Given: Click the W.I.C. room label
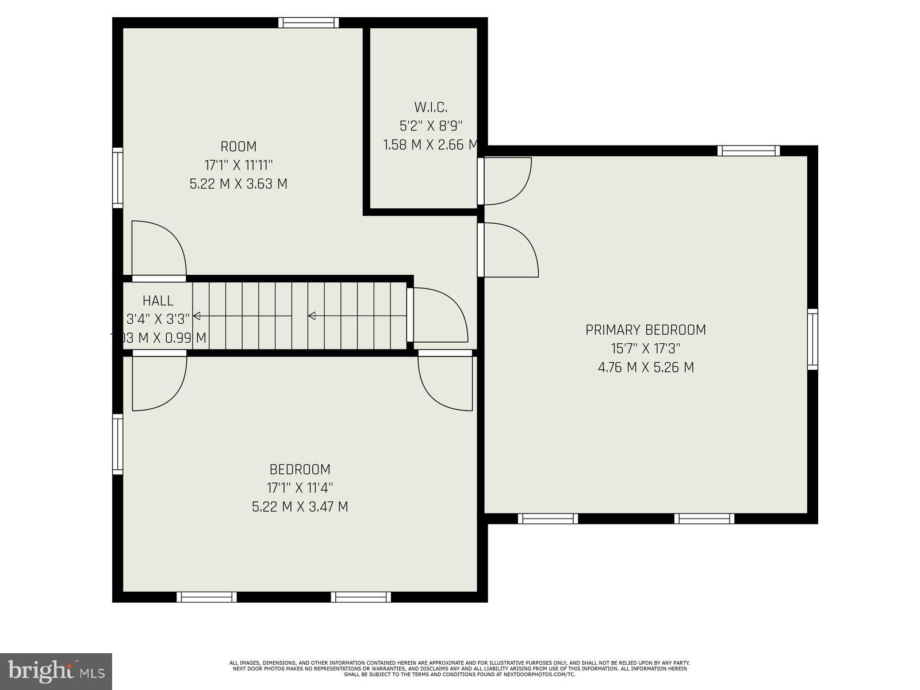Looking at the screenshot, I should click(431, 107).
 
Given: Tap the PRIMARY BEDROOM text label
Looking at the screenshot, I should click(645, 330).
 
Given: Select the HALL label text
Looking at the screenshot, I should click(158, 300).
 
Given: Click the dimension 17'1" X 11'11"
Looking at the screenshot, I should click(239, 165).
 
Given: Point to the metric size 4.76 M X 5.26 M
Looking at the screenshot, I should click(645, 367).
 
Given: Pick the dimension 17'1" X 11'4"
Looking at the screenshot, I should click(300, 488).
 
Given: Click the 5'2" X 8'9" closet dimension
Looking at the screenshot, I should click(431, 126).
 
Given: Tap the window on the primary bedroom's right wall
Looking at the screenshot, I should click(812, 339).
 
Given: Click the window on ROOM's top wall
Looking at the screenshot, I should click(309, 23).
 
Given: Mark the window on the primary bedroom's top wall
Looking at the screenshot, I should click(748, 151).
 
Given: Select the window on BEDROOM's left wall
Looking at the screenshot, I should click(117, 444).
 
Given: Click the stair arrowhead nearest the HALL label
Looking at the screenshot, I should click(197, 316).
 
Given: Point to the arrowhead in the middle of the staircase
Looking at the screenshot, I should click(312, 316).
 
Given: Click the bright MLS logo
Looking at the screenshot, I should click(56, 670).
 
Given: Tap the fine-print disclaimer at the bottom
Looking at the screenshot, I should click(459, 668).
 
